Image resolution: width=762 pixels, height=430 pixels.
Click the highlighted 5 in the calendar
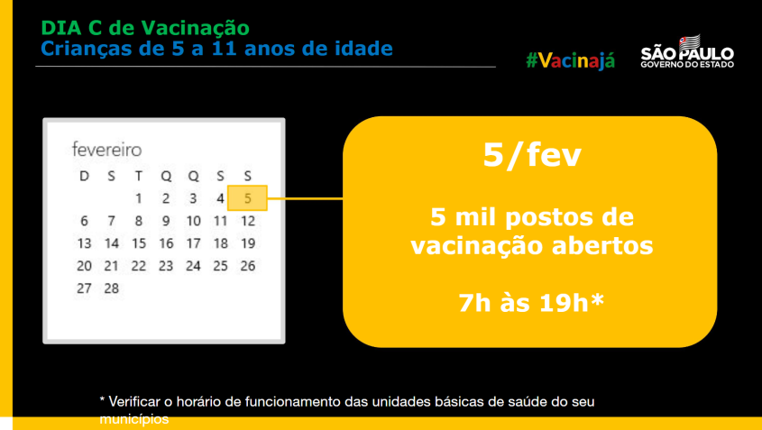(x=248, y=198)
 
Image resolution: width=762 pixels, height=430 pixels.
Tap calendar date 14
(x=111, y=243)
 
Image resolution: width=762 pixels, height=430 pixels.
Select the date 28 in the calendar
(x=111, y=288)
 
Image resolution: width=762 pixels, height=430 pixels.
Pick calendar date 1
(x=139, y=198)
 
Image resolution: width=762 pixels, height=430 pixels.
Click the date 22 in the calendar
(x=139, y=266)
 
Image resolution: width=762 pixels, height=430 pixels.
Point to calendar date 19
(x=248, y=243)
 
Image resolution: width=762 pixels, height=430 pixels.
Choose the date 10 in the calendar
(x=193, y=221)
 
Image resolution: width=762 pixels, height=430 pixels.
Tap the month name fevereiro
(x=107, y=150)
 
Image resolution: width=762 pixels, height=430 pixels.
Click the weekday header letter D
(x=84, y=176)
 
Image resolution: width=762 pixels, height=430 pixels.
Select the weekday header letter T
(x=139, y=176)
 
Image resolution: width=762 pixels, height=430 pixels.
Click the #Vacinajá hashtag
(x=571, y=60)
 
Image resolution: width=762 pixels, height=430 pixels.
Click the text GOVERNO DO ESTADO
(x=687, y=65)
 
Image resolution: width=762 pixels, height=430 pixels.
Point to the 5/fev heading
(x=531, y=156)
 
